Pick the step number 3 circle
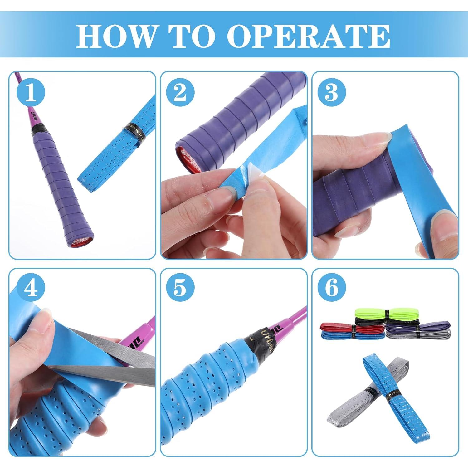(331, 92)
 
